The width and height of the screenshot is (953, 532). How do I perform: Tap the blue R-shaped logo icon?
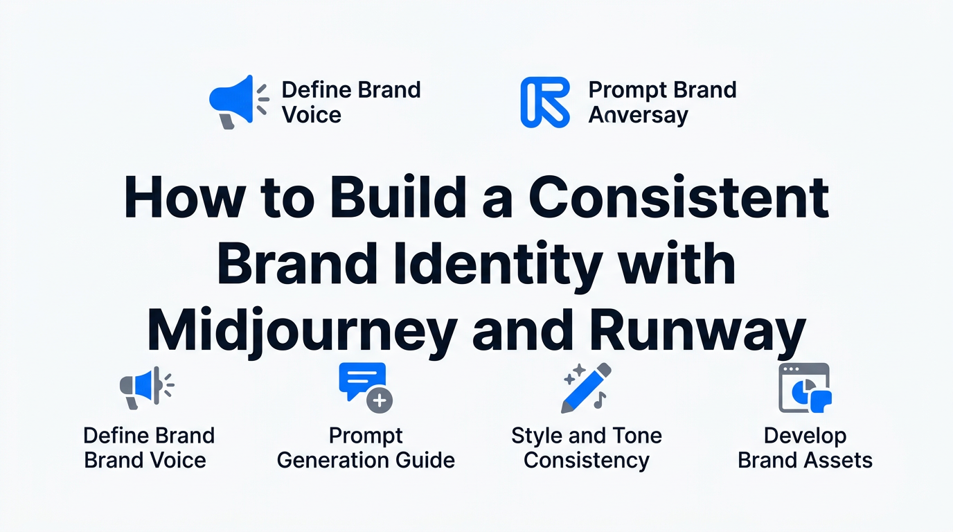click(x=545, y=102)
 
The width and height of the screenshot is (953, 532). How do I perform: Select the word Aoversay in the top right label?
click(x=638, y=115)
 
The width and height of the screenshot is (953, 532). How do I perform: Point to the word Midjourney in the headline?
click(x=302, y=331)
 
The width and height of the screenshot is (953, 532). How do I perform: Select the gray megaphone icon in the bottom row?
click(x=147, y=387)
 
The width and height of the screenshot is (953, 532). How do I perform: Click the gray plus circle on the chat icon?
click(x=380, y=400)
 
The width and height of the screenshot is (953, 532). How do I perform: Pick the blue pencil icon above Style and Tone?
click(x=586, y=388)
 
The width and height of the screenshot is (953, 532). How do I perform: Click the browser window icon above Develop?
click(x=805, y=388)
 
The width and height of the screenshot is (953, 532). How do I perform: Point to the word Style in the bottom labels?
click(x=537, y=436)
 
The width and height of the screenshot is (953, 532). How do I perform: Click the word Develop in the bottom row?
click(x=805, y=436)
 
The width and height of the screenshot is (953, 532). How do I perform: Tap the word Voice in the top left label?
click(x=312, y=115)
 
